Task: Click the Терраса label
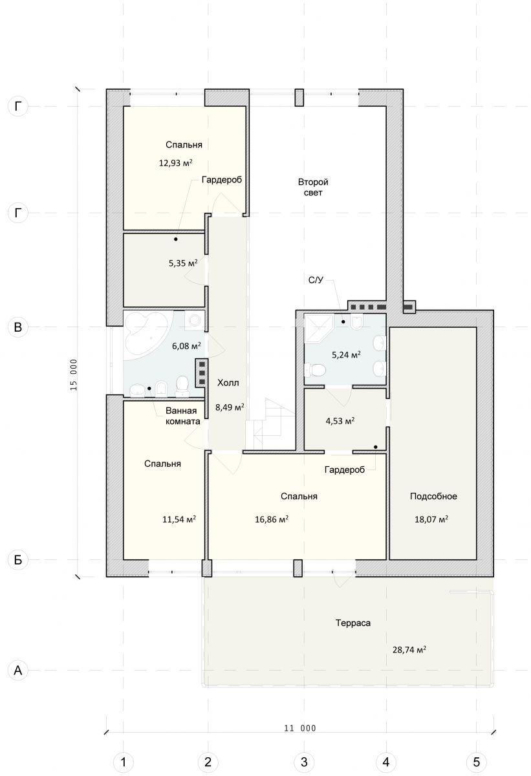click(352, 623)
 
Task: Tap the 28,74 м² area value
click(409, 649)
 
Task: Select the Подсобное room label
click(433, 496)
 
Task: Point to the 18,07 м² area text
click(431, 519)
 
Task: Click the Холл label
click(228, 383)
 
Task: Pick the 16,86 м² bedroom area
click(272, 519)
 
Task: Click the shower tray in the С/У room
click(319, 328)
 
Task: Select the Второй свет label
click(313, 187)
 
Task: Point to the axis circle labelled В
click(17, 327)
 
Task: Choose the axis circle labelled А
click(17, 671)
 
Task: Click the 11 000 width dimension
click(300, 729)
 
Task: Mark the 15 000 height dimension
click(74, 374)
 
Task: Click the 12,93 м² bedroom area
click(175, 163)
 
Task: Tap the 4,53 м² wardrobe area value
click(340, 421)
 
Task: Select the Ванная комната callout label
click(182, 416)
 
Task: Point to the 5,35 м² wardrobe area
click(183, 263)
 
